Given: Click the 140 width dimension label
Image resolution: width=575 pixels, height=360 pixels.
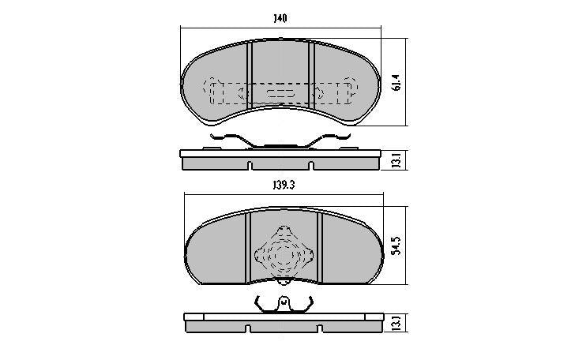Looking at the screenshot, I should point(280,17).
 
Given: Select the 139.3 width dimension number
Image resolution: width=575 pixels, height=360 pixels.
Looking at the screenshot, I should point(280,186).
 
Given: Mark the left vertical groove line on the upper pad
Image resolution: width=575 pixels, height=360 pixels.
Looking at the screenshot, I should point(250,76).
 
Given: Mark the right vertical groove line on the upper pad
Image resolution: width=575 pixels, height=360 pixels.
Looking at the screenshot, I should point(311,76).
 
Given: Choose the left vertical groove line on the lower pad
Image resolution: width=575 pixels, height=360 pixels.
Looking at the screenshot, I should point(248,246).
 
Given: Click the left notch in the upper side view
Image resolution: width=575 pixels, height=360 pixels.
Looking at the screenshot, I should point(250,167).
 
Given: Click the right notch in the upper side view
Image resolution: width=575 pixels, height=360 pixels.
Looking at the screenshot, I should point(311,167).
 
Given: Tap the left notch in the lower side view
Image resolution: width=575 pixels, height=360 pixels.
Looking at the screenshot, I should point(249,328).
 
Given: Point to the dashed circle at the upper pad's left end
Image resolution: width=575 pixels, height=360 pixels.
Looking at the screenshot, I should point(212,85).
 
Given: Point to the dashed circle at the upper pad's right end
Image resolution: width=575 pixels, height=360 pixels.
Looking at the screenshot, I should point(348,85).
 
